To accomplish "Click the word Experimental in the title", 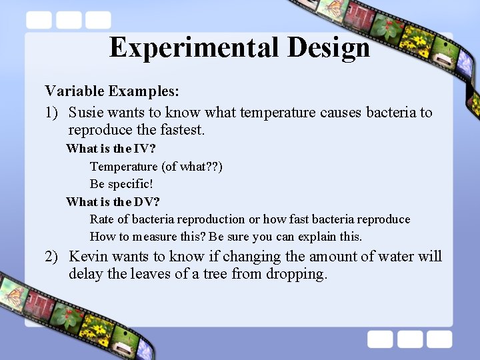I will tap(194, 48).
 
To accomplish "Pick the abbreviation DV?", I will tap(147, 201).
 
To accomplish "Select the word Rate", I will tap(102, 219).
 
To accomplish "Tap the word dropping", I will tap(297, 275).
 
